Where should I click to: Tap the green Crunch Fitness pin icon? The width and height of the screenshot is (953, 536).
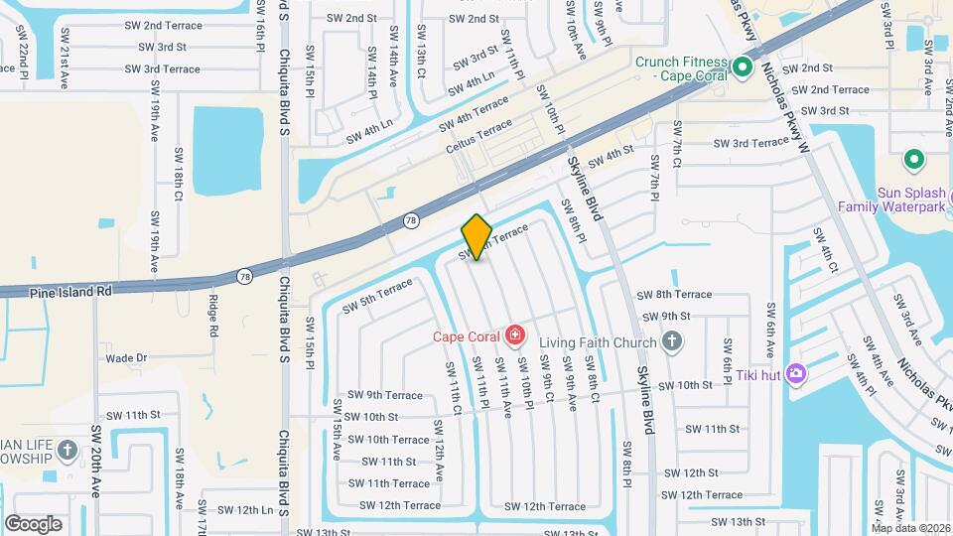pos(742,68)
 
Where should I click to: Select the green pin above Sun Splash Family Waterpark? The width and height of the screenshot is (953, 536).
pos(913,160)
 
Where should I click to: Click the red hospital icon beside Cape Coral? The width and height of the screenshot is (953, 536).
pos(514,335)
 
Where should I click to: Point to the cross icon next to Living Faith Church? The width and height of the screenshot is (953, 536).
pos(672,342)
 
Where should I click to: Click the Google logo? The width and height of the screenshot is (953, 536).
pos(33,523)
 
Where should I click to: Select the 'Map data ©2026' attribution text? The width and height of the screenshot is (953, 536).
pos(910,528)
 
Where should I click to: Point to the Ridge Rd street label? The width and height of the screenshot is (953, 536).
pos(212,316)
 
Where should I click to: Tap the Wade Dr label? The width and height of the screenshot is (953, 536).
pos(126,358)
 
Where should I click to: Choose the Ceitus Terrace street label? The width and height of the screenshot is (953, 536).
pos(480,137)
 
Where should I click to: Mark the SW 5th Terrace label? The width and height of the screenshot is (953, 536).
pos(376,296)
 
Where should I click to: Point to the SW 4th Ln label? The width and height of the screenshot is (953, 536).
pos(369,131)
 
